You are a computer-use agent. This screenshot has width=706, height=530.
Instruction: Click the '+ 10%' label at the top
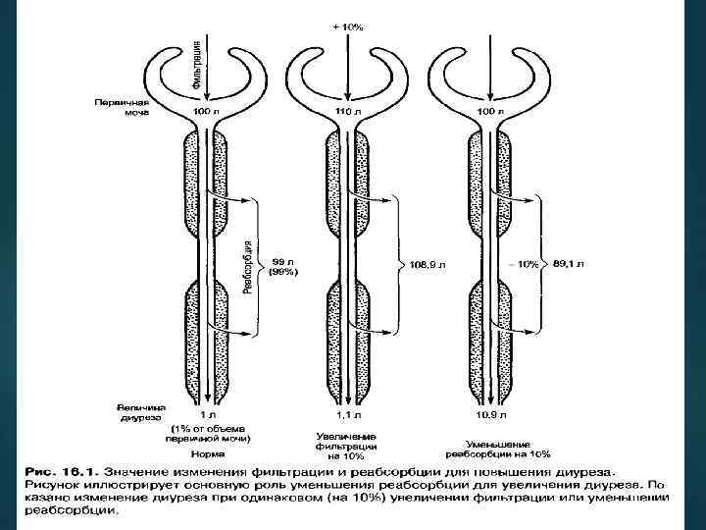coord(347,26)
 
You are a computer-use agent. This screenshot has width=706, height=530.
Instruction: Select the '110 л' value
coord(348,114)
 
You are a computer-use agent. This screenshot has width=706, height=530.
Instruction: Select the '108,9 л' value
coord(427,265)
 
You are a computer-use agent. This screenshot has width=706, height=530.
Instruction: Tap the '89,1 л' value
coord(570,264)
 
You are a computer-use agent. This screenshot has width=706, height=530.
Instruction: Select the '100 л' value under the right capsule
coord(489,114)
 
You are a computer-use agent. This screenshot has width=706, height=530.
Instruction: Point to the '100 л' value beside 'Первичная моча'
coord(205,114)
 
